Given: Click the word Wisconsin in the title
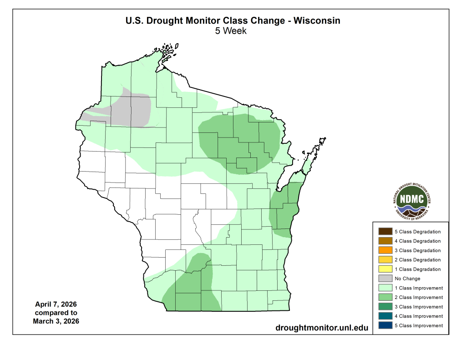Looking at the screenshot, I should tap(317, 21).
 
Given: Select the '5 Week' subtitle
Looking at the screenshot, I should tap(231, 31).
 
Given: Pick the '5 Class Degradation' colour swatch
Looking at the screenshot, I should tap(385, 232).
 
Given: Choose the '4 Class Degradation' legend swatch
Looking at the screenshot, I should tap(385, 241).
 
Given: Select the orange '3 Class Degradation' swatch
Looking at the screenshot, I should tap(385, 250).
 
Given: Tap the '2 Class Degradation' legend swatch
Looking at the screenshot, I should tap(385, 260).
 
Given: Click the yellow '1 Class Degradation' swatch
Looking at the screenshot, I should tap(385, 269).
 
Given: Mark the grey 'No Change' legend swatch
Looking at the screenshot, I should tap(385, 279).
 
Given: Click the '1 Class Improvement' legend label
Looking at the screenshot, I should tap(419, 288).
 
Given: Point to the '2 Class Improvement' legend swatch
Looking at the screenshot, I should tap(385, 297).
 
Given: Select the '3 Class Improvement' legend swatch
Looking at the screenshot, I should tap(385, 307).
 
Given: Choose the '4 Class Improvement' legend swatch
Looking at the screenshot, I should tap(385, 316).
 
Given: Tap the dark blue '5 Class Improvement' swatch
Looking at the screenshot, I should tap(385, 325).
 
